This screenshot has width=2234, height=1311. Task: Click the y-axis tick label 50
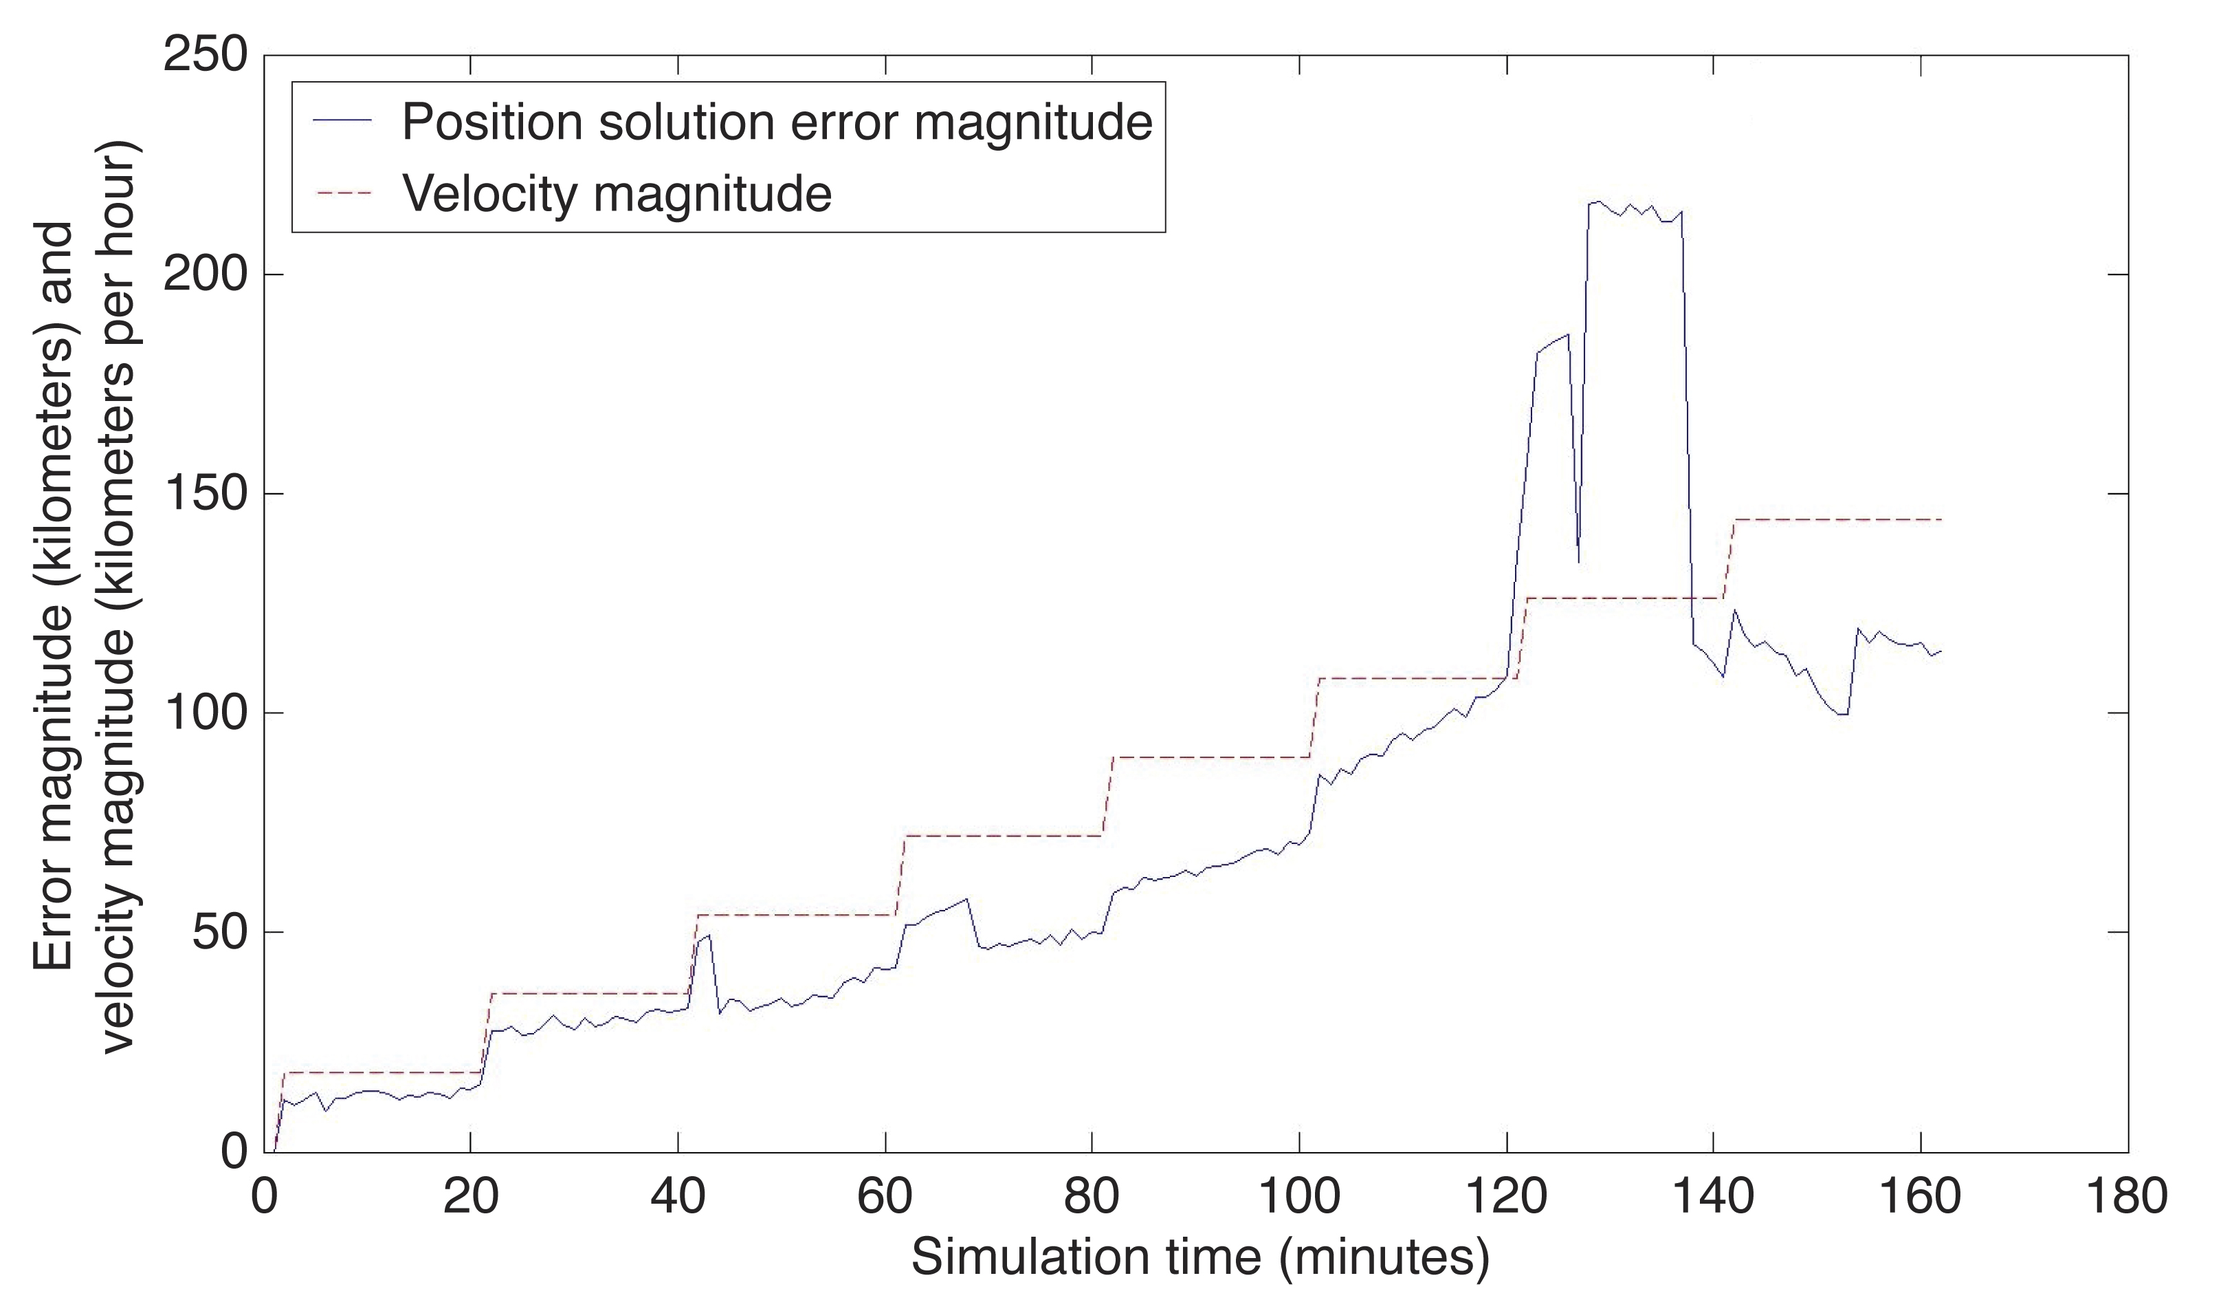click(220, 932)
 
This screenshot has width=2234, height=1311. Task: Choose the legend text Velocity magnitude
click(617, 193)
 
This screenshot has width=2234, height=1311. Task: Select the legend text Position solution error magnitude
click(777, 122)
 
